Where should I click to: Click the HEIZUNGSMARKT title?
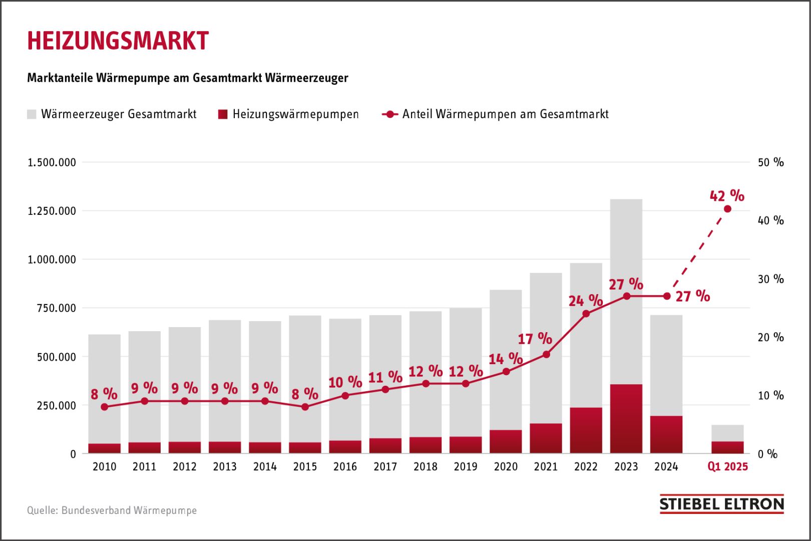[118, 41]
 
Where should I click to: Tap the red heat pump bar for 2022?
[586, 431]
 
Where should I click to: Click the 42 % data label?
[727, 195]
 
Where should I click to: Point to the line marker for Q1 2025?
[727, 209]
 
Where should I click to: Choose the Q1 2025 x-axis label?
[727, 467]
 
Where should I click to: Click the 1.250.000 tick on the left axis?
[52, 211]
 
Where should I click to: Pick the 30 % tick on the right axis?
[770, 279]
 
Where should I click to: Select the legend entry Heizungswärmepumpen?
[295, 114]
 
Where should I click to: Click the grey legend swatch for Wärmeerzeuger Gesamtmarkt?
[32, 114]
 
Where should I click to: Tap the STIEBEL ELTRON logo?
[721, 504]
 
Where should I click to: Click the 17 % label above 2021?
[535, 339]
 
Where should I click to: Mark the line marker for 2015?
[305, 407]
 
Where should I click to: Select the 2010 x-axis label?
[104, 467]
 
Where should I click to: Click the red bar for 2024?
[666, 435]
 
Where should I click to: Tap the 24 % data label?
[585, 301]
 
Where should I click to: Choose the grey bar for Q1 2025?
[727, 433]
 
